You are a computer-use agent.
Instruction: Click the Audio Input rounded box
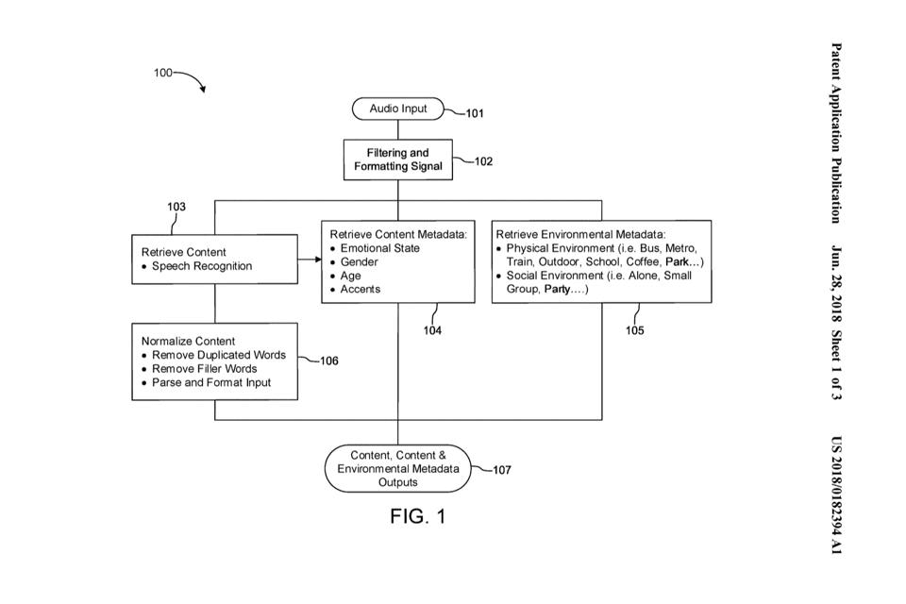click(x=397, y=109)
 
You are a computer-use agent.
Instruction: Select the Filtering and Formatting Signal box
click(x=397, y=159)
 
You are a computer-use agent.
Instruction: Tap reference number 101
click(x=474, y=114)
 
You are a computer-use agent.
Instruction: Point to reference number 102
click(x=483, y=161)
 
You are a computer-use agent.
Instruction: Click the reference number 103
click(x=176, y=207)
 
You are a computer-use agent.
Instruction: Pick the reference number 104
click(x=432, y=330)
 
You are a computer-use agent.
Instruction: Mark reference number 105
click(x=635, y=330)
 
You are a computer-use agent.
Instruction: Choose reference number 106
click(x=328, y=361)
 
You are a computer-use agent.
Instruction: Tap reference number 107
click(x=502, y=470)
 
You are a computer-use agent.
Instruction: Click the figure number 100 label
click(x=163, y=74)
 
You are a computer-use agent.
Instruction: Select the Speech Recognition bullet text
click(x=202, y=266)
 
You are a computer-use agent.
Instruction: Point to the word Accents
click(x=361, y=289)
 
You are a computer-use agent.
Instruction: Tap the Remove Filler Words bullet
click(x=204, y=369)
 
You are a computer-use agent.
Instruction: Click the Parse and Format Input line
click(x=210, y=382)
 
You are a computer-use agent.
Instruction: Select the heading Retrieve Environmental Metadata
click(x=580, y=234)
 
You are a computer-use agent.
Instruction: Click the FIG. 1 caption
click(x=417, y=516)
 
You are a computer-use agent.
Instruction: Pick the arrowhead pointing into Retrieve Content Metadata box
click(x=316, y=260)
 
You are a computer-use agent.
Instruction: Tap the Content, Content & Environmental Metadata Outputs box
click(x=397, y=468)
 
